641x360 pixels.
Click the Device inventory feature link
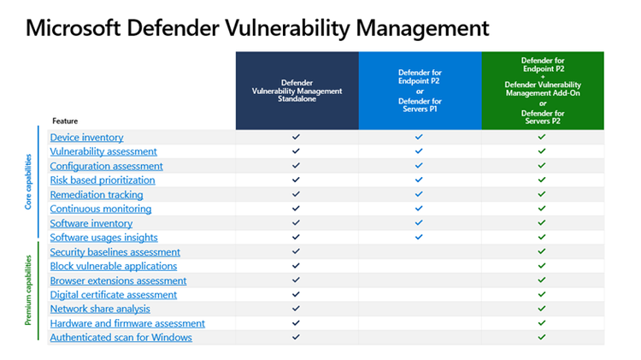(86, 138)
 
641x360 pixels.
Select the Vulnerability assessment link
(103, 151)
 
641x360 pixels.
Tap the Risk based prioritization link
(103, 180)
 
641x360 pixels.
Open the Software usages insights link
(103, 238)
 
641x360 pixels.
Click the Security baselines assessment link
(115, 252)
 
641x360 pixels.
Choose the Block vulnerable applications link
(113, 266)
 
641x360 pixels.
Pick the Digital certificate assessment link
(113, 295)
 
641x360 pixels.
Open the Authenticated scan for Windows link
(121, 338)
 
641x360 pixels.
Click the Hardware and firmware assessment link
(127, 323)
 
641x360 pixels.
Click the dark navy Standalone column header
(297, 91)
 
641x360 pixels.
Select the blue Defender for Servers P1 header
(419, 91)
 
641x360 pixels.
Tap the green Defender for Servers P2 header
(542, 91)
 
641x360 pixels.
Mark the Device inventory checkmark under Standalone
(296, 137)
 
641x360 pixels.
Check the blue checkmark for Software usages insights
(419, 238)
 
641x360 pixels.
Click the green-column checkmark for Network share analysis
(542, 309)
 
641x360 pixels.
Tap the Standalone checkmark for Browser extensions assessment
(296, 280)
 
